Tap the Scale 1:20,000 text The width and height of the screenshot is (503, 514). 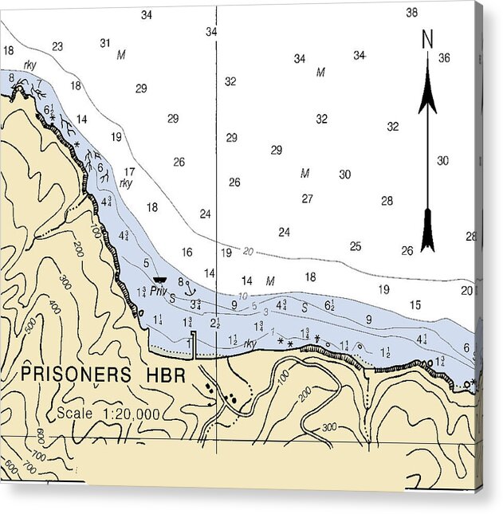point(108,414)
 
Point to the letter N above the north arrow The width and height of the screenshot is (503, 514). point(427,38)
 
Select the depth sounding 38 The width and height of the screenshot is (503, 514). point(411,13)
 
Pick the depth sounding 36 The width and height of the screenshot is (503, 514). point(444,57)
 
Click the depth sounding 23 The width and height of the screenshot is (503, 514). point(57,46)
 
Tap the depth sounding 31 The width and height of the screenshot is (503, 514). point(104,43)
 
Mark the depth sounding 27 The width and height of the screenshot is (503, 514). point(307,198)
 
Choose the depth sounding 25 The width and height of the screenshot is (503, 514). point(356,246)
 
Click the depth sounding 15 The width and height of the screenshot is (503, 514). point(415,304)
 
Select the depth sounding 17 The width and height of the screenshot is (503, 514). point(129,171)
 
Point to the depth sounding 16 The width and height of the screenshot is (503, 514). point(187,252)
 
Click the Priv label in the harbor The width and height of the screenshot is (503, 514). point(158,291)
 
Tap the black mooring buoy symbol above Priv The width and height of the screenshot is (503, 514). point(159,280)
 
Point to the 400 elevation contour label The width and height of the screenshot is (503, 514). point(54,305)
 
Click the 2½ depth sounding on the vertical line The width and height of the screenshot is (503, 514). point(215,323)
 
